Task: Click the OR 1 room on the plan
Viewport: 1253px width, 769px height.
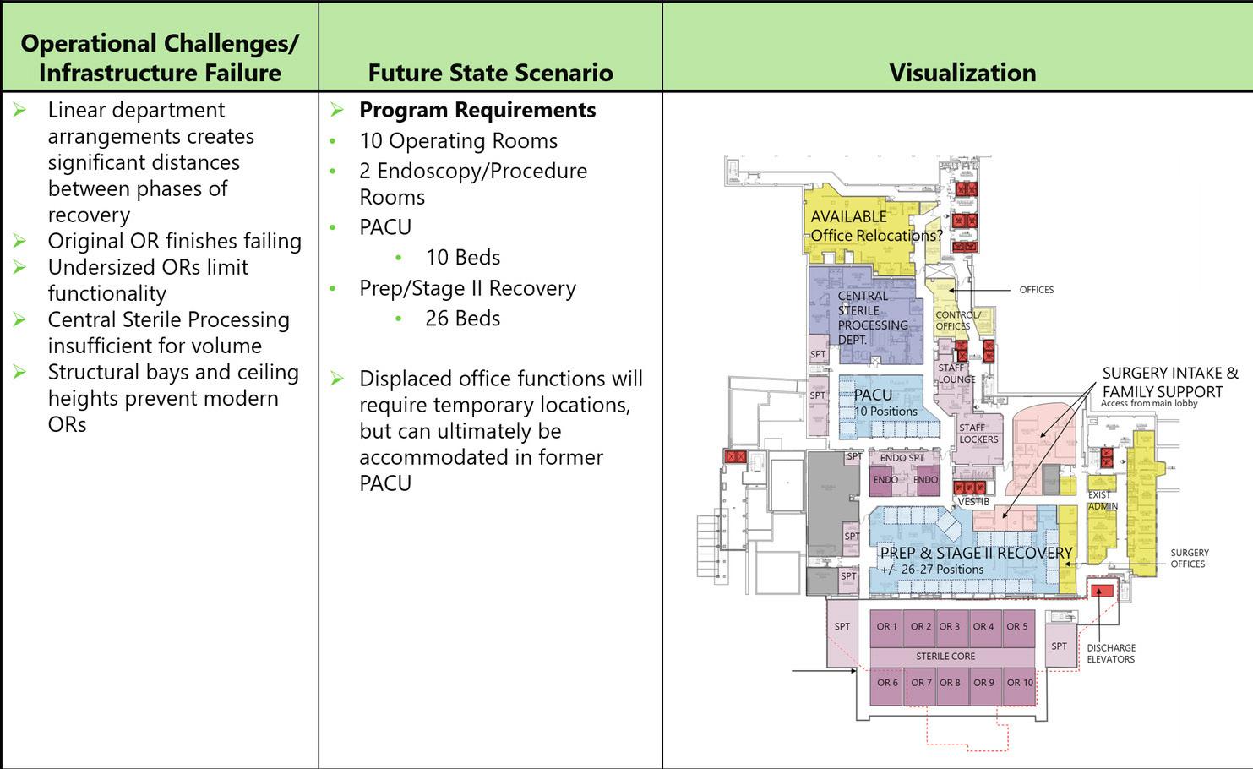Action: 886,627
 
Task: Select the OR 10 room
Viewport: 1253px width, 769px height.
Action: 1020,683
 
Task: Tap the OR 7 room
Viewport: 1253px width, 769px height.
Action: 921,683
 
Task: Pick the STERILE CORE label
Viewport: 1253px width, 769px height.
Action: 945,657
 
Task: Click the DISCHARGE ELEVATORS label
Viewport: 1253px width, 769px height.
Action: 1110,653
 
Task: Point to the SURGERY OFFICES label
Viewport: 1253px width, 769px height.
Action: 1189,559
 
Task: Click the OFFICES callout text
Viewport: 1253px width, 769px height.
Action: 1036,290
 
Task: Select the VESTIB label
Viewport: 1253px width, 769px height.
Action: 973,502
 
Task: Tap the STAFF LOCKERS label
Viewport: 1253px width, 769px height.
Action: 978,434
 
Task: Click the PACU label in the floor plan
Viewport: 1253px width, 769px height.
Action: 873,395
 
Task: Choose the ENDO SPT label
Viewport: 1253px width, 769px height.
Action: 902,458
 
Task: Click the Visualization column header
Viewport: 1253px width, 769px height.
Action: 962,73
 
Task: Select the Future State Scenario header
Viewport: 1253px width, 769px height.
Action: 490,73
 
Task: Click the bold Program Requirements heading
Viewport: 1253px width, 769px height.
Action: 477,111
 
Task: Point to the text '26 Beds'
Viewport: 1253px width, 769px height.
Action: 462,319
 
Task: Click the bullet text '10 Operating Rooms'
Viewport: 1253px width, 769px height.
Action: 458,141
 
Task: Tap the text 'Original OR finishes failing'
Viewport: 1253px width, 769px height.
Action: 174,242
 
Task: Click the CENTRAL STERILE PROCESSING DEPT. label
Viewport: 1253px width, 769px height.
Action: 872,318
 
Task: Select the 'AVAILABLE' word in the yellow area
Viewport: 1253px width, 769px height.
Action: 848,216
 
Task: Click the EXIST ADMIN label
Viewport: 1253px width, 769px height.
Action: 1102,500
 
